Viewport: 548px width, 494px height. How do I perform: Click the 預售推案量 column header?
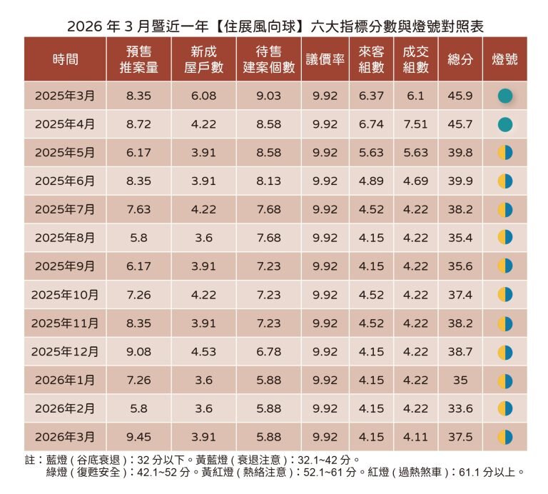(138, 60)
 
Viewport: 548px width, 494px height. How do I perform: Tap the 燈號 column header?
(504, 60)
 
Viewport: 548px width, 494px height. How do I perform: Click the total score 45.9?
(460, 96)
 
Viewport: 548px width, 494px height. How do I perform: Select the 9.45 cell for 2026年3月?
(138, 437)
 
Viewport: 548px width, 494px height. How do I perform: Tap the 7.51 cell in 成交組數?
(415, 124)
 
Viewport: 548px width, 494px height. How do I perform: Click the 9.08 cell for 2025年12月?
(138, 352)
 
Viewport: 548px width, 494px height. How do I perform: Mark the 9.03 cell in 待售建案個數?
(268, 96)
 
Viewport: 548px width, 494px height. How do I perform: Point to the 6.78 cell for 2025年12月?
(268, 352)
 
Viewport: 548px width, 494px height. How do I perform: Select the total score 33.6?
(460, 408)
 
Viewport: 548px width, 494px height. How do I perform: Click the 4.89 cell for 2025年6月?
(371, 181)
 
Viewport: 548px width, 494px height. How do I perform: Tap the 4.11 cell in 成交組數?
(415, 437)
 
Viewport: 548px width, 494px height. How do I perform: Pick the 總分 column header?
(460, 60)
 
